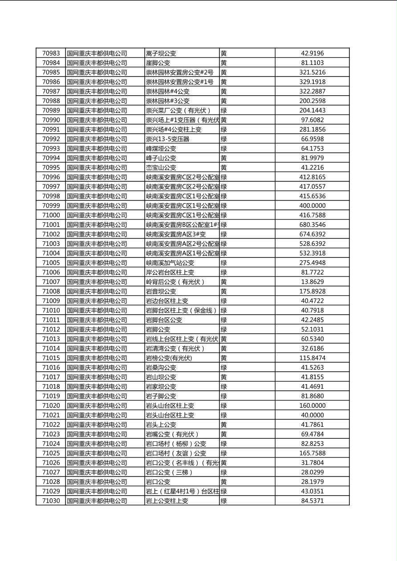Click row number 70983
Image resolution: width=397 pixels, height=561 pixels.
tap(51, 53)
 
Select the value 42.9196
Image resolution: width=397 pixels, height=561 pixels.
tap(312, 53)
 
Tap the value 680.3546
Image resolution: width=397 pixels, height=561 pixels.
tap(312, 224)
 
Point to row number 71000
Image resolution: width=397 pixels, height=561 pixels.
tap(51, 215)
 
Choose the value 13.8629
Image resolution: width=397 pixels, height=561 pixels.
tap(312, 282)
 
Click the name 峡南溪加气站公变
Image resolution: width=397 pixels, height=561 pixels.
tap(170, 263)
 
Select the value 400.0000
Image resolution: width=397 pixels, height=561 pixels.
tap(312, 205)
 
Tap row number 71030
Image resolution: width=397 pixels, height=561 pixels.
tap(51, 501)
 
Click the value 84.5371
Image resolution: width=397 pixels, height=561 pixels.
tap(312, 501)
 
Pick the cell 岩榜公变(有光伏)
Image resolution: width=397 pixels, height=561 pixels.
tap(169, 358)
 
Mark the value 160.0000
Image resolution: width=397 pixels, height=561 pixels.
tap(312, 405)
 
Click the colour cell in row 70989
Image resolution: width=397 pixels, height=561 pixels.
tap(224, 110)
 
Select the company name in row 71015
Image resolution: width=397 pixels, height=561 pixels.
tap(97, 358)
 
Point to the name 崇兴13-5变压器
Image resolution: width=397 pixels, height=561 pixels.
tap(167, 139)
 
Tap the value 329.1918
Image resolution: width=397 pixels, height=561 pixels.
tap(312, 82)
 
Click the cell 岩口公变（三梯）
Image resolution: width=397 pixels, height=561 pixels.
tap(170, 472)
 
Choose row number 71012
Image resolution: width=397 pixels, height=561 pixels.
tap(51, 329)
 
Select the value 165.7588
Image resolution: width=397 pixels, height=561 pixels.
tap(312, 453)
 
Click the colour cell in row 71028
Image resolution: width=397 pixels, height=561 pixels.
tap(224, 481)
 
